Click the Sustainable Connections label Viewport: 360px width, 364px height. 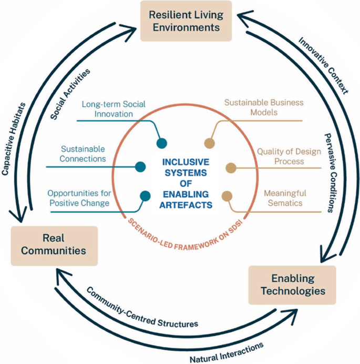[x=83, y=154]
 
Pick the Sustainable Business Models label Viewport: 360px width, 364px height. [x=264, y=108]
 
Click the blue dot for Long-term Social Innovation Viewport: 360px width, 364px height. [x=162, y=143]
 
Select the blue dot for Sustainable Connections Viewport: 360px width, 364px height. [x=140, y=167]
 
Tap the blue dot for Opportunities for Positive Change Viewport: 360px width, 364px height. [x=143, y=197]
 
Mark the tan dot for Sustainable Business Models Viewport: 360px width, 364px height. [x=209, y=143]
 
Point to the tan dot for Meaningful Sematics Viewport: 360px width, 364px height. [x=227, y=197]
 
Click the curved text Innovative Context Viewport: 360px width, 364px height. [x=323, y=65]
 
